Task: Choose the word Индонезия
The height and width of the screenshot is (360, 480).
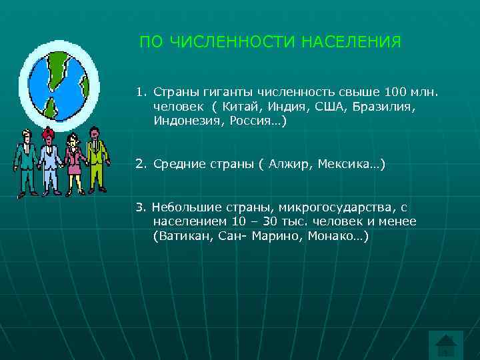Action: (187, 121)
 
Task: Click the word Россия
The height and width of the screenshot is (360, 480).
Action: (254, 121)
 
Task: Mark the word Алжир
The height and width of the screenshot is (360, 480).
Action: (291, 163)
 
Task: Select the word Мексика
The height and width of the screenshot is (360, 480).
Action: (350, 163)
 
